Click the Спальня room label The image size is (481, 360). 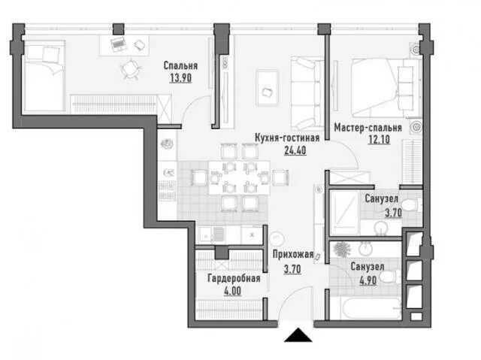180,65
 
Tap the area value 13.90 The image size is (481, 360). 180,78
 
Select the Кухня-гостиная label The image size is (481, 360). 287,138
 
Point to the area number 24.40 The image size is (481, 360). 295,150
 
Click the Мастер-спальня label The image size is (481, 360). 368,128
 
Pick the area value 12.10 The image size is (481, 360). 379,140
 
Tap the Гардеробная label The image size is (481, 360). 234,278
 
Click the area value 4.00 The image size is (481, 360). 232,291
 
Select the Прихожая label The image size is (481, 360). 293,254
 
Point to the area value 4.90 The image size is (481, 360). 368,280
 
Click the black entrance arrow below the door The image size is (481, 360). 298,335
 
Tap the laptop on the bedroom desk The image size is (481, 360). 119,45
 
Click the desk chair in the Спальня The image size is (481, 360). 130,69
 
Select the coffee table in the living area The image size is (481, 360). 268,88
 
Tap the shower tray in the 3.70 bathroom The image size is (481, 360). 344,213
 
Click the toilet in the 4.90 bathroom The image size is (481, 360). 391,277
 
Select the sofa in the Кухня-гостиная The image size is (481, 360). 307,93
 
